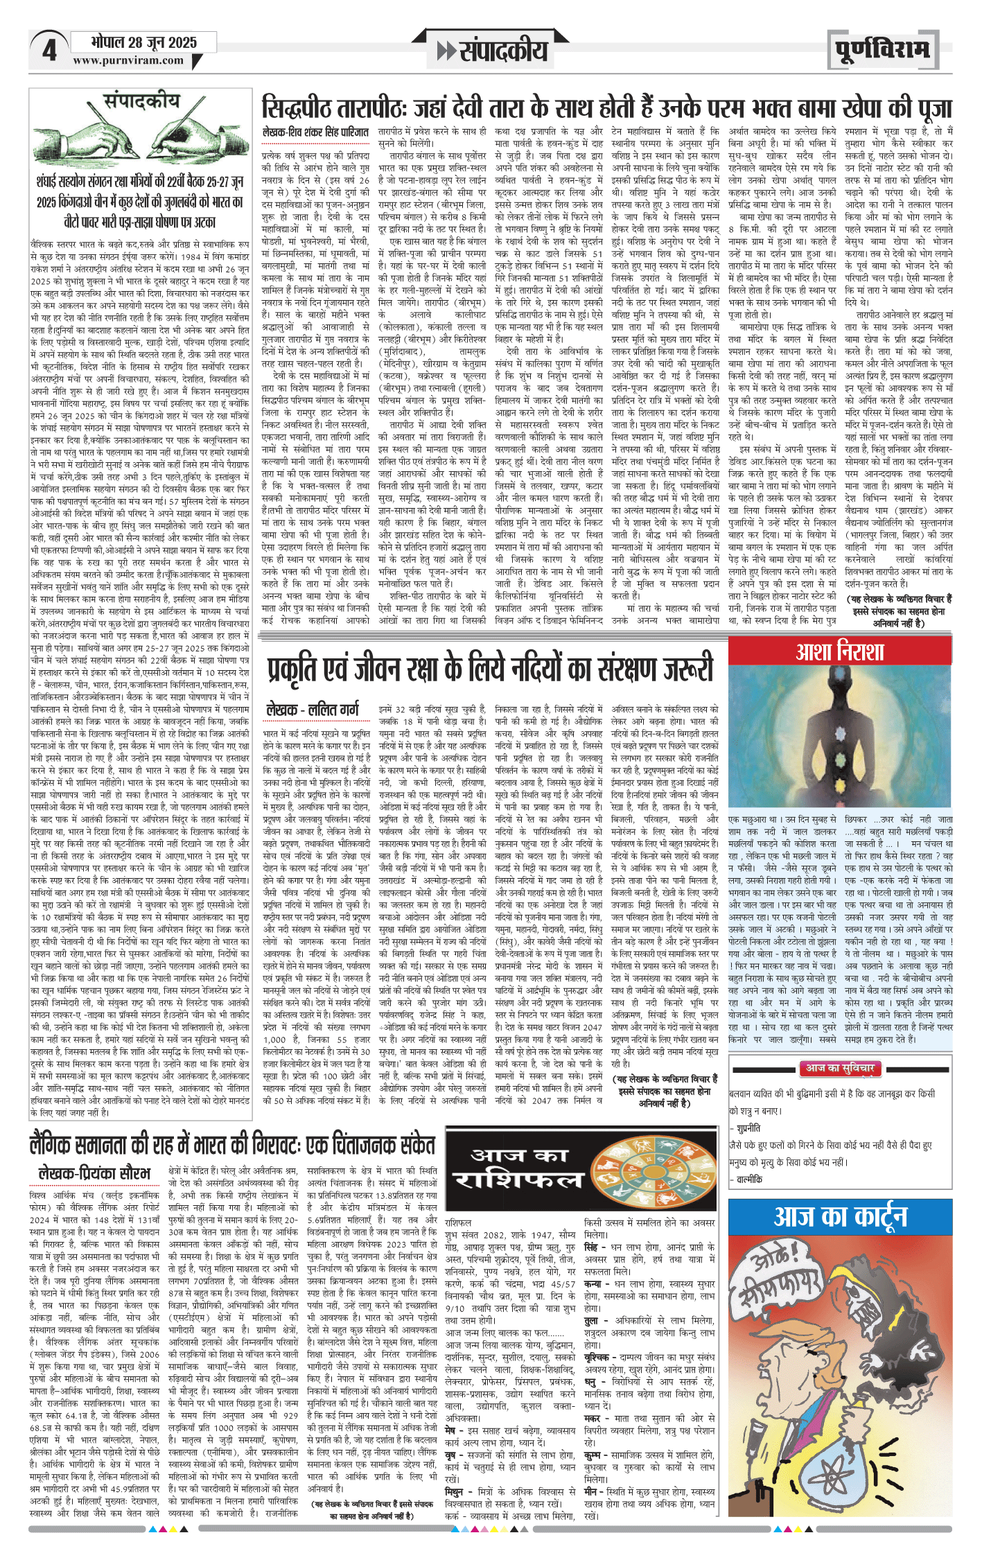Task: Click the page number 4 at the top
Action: (49, 51)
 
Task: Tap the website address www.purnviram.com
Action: (128, 61)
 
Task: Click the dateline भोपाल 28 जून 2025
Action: (144, 43)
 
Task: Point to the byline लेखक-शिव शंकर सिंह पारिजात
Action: (315, 132)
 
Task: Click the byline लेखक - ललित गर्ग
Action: (313, 710)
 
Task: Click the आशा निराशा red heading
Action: (839, 651)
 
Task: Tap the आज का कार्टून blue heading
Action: (840, 1216)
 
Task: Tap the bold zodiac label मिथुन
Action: (454, 1491)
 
